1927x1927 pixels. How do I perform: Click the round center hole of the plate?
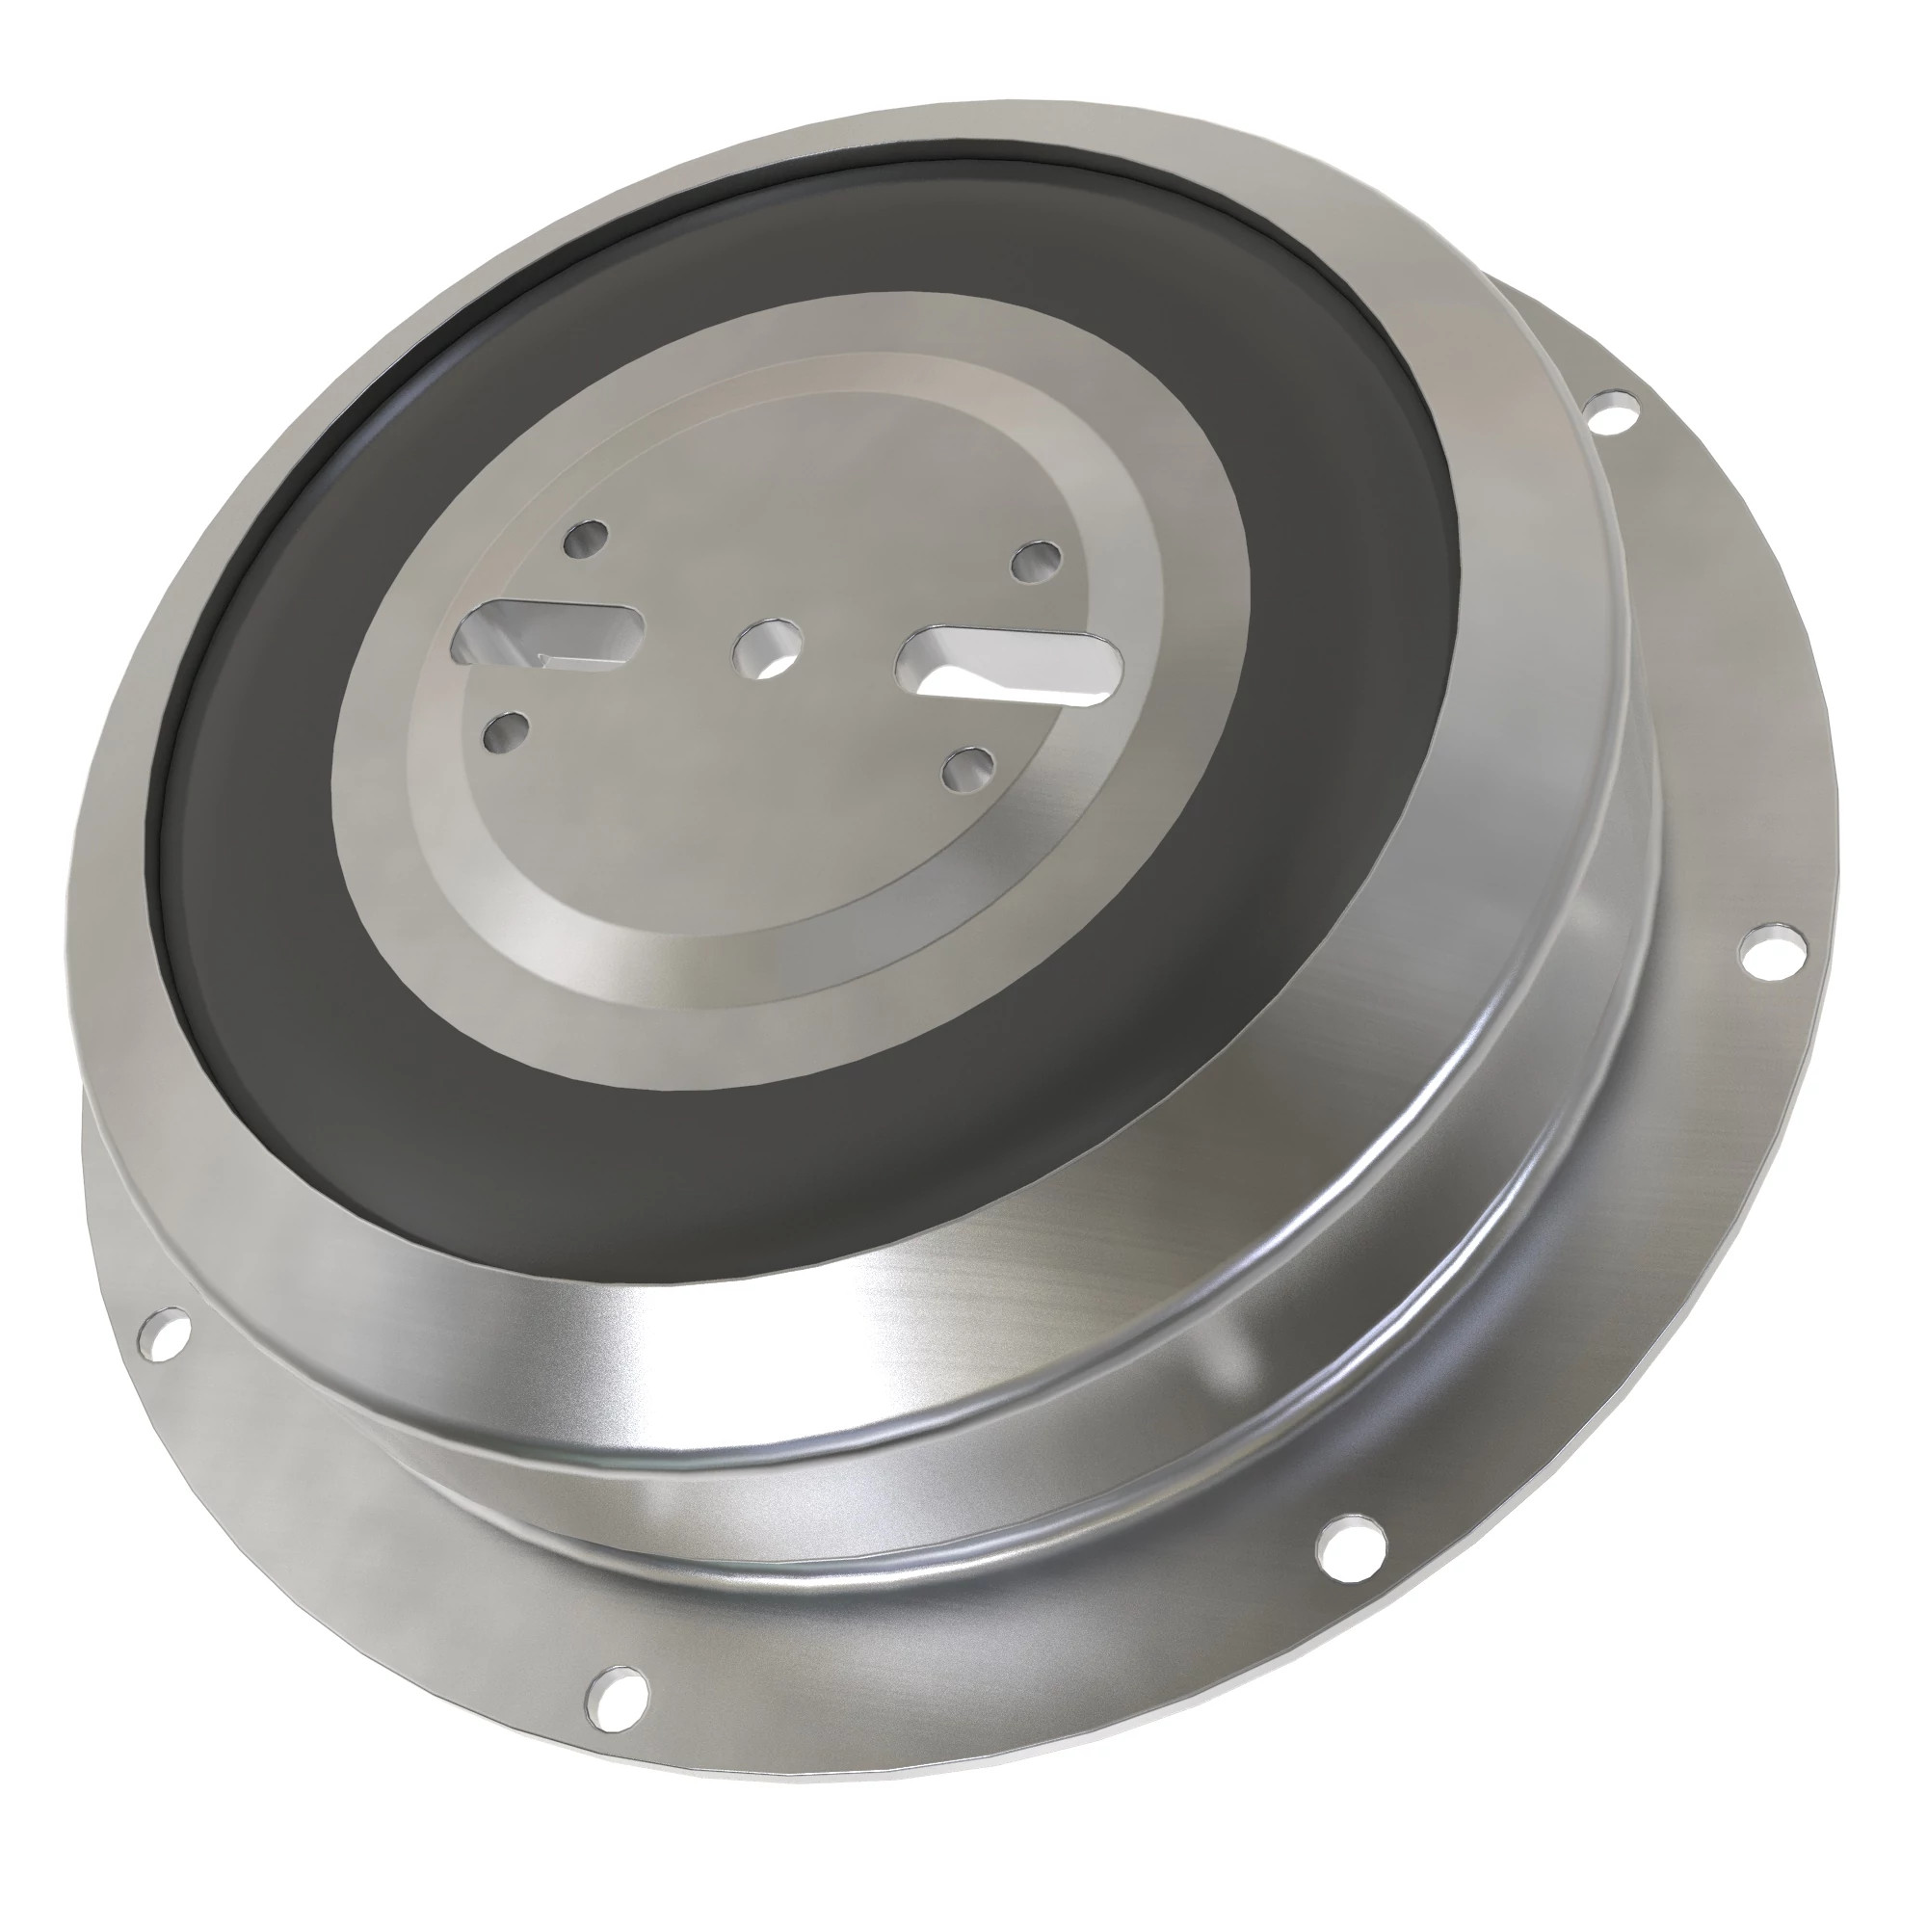point(766,649)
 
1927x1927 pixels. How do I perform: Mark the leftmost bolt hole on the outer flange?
point(166,1334)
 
